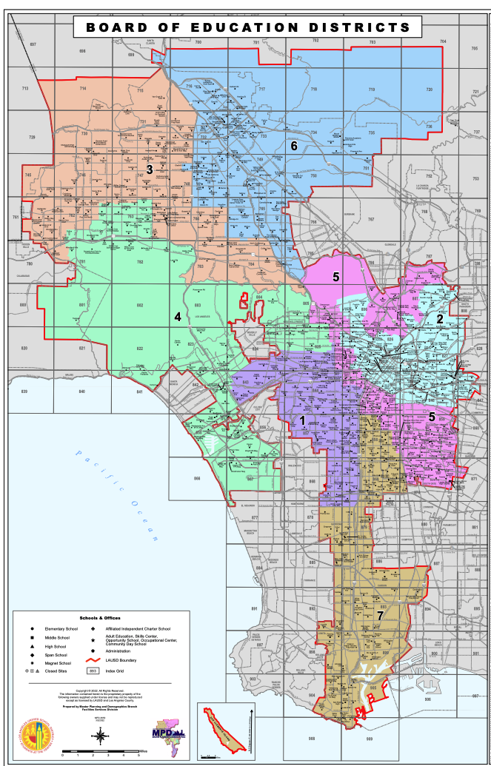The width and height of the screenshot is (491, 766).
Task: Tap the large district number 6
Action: coord(294,146)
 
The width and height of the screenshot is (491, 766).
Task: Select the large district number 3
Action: coord(149,169)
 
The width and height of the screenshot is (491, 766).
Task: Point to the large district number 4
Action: coord(178,316)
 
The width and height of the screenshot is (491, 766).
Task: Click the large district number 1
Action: coord(302,420)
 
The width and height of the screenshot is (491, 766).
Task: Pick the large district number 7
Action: coord(380,615)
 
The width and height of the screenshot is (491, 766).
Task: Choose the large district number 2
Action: coord(439,318)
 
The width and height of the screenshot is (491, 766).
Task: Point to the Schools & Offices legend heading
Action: coord(100,617)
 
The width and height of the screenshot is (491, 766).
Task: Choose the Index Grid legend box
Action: coord(93,671)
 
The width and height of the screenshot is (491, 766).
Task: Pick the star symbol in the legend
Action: coord(93,639)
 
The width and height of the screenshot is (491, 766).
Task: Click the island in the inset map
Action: coord(225,730)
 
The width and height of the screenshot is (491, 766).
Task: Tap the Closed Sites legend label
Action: coord(55,671)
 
